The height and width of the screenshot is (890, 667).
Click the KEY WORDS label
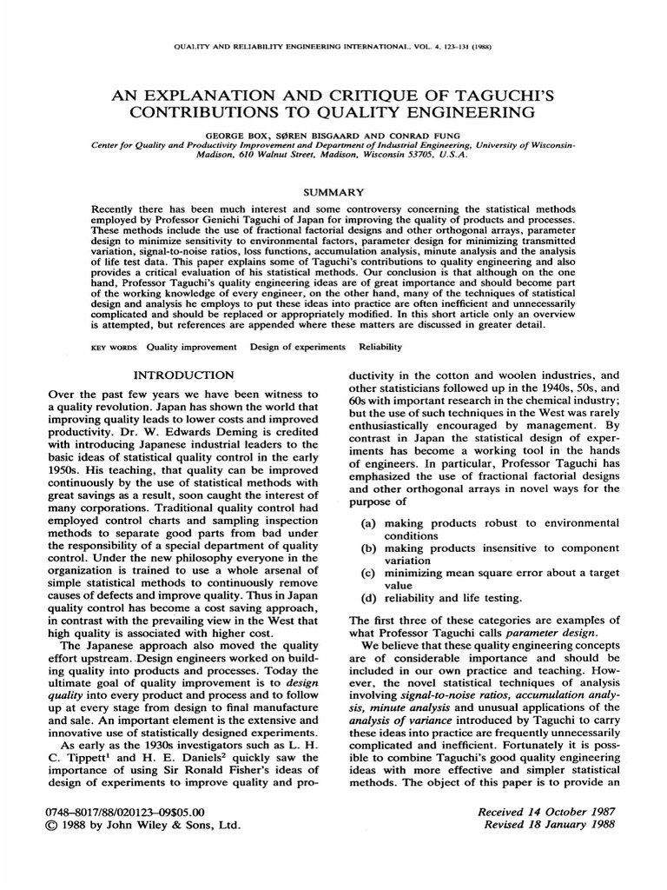tap(115, 346)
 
